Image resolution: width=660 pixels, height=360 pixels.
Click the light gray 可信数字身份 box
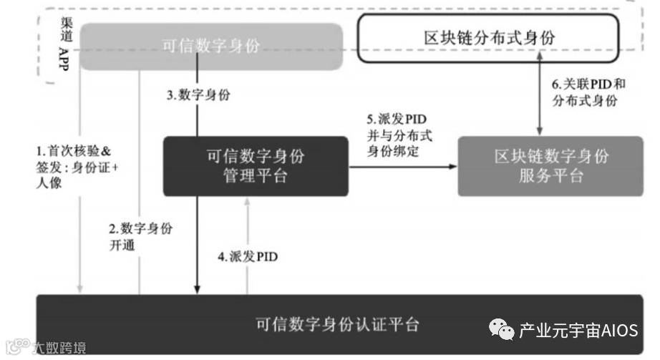211,47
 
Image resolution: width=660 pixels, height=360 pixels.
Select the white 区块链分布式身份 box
489,38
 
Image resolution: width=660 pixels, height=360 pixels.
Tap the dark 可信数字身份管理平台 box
256,165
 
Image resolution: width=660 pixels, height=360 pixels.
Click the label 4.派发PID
248,256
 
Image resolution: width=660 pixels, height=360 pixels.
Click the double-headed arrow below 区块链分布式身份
538,97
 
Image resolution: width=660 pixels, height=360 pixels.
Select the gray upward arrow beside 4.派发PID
247,243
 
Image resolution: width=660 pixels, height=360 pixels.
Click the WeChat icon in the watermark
501,330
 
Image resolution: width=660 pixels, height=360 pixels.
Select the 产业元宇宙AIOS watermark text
578,331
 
